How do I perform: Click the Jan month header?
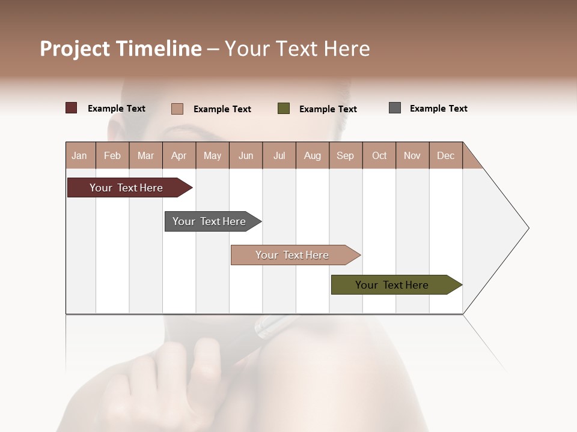point(80,155)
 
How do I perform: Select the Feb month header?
point(112,155)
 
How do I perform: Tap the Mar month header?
point(145,155)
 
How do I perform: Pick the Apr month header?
point(179,155)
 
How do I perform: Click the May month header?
point(212,155)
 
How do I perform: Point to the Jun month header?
point(246,155)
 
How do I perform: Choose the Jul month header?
point(279,155)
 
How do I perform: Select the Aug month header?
point(313,155)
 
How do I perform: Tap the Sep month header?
point(346,155)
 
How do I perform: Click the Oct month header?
point(379,155)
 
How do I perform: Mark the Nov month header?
point(412,155)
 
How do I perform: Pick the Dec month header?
point(445,155)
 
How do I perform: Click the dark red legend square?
point(72,108)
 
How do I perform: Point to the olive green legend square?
point(284,109)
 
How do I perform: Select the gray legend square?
point(395,108)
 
